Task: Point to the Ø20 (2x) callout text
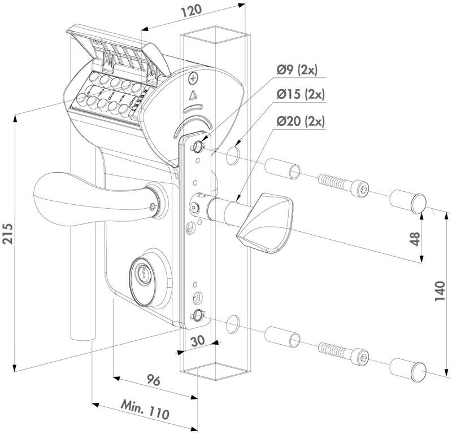[x=301, y=120]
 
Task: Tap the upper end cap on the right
[x=406, y=202]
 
